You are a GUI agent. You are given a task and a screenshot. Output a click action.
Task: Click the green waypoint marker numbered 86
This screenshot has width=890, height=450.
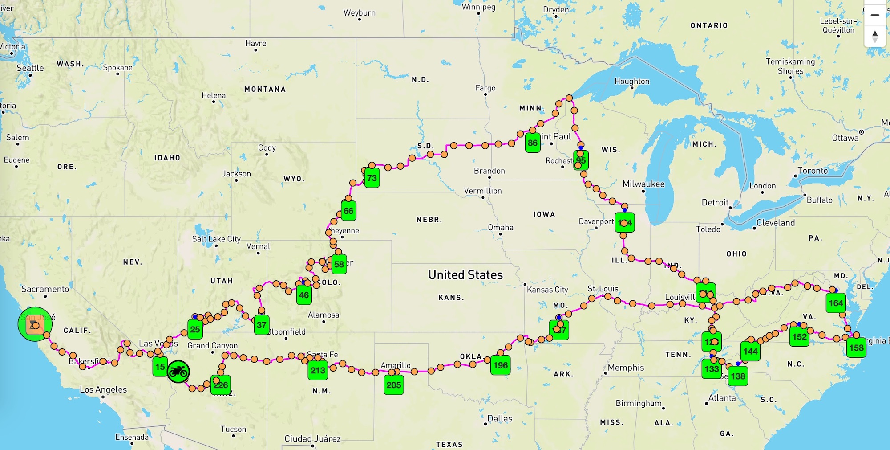tap(532, 143)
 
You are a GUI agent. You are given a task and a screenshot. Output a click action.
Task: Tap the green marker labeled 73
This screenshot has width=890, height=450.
tap(372, 178)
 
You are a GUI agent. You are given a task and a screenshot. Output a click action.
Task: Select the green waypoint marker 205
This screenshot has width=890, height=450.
tap(394, 385)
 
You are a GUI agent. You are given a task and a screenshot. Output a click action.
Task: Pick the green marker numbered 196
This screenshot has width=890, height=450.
tap(500, 365)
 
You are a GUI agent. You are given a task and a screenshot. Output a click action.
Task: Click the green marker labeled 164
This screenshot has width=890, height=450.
tap(836, 303)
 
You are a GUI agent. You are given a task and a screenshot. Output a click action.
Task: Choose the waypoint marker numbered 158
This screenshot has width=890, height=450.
tap(856, 348)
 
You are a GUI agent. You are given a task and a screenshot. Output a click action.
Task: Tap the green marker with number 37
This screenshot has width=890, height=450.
tap(262, 325)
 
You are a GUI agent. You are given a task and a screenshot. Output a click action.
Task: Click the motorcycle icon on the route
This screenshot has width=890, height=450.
tap(178, 371)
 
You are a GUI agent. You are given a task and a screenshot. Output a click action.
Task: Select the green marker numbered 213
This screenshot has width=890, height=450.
tap(318, 370)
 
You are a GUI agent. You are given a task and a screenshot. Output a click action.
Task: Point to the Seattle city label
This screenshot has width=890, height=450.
tap(30, 68)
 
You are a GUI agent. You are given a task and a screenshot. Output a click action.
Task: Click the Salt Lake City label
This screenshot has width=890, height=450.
tap(216, 239)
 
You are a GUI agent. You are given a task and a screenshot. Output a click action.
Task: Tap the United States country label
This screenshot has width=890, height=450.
tap(465, 274)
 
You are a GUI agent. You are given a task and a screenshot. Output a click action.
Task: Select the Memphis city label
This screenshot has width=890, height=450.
tap(626, 368)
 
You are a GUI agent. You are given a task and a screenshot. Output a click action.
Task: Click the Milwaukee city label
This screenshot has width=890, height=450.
tap(643, 184)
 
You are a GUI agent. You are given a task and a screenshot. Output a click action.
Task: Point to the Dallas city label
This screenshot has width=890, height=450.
tap(500, 418)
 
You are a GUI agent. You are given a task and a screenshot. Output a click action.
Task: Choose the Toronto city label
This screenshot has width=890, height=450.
tap(813, 171)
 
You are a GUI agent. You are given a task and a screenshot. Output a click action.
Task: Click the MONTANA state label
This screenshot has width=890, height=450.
tap(265, 89)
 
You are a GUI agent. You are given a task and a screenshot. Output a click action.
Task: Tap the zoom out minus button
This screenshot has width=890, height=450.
tap(874, 15)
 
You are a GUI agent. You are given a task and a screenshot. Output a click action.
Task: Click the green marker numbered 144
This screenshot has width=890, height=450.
tap(750, 351)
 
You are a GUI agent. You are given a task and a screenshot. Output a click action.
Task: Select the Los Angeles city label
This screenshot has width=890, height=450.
tap(103, 389)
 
